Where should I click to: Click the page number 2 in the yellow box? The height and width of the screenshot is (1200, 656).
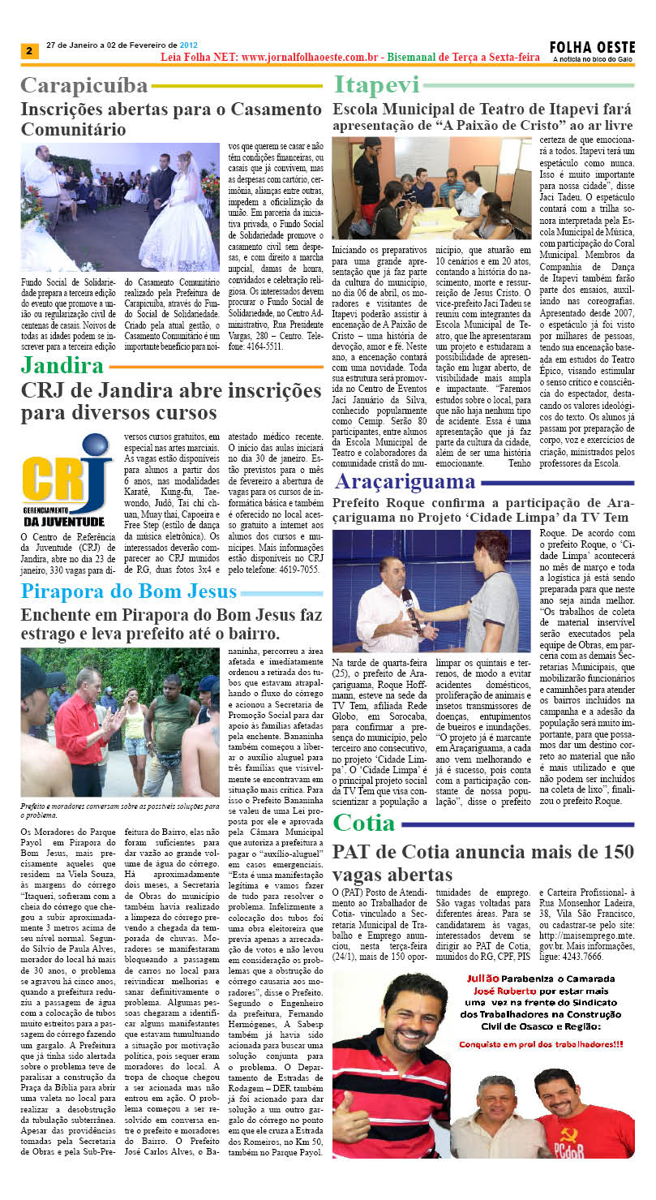point(29,51)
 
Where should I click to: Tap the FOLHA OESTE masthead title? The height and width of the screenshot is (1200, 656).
point(592,48)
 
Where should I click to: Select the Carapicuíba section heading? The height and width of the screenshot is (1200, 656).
point(84,85)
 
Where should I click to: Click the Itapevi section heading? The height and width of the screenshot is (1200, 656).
point(377,85)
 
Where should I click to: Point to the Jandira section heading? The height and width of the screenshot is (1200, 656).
point(62,366)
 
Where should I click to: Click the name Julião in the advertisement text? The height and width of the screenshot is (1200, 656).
point(481,978)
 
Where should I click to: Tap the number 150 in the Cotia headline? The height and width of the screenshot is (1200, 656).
point(611,852)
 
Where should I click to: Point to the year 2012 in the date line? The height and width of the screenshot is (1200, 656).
point(188,45)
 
